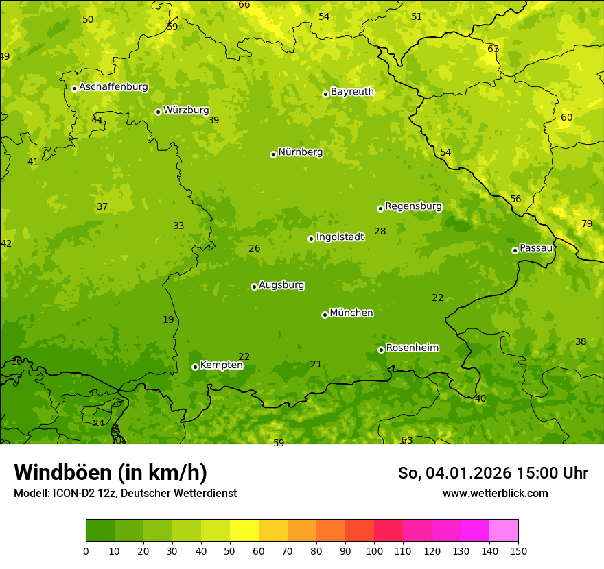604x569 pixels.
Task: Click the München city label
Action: [x=351, y=313]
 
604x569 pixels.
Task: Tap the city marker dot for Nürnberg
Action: [x=273, y=154]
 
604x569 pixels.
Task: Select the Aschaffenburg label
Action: [x=113, y=87]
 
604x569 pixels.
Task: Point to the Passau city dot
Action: [x=515, y=250]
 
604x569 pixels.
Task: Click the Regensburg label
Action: [x=413, y=206]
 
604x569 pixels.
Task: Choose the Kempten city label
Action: [x=221, y=365]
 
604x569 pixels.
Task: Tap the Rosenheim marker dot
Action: [x=381, y=350]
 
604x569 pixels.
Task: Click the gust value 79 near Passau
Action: [x=587, y=224]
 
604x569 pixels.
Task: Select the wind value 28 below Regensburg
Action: [x=380, y=232]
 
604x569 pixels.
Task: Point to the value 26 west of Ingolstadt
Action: [x=254, y=248]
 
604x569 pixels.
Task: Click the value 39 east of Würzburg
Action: [x=213, y=120]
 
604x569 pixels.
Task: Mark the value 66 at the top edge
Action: [x=244, y=5]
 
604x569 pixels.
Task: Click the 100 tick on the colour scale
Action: [x=374, y=550]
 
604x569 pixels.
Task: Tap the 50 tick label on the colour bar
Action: [x=230, y=550]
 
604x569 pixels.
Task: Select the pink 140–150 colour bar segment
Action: [x=504, y=531]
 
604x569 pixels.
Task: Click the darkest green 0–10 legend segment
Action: [x=100, y=531]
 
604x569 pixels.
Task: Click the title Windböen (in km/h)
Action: [x=111, y=472]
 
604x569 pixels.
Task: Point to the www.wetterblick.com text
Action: [x=495, y=493]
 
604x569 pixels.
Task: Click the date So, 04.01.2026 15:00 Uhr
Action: [x=493, y=473]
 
